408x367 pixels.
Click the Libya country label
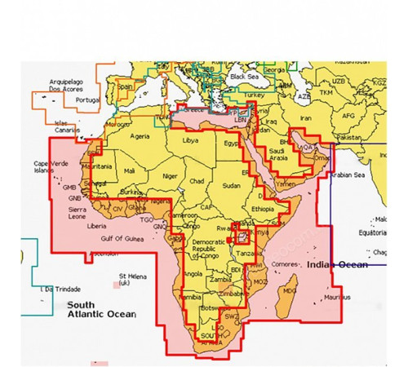click(190, 141)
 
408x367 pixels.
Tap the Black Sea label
click(244, 77)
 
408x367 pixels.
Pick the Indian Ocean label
click(335, 264)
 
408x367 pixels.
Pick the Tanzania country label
click(248, 254)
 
